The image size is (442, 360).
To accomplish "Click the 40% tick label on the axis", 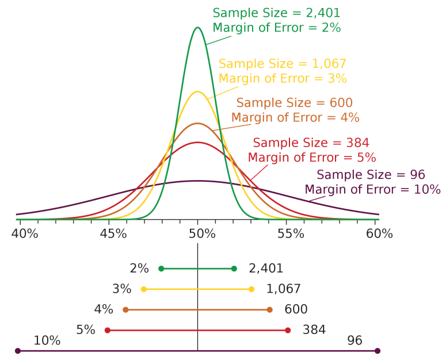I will [x=25, y=234].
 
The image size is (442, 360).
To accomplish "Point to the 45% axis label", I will [x=113, y=234].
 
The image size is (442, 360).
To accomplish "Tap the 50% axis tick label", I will [x=202, y=234].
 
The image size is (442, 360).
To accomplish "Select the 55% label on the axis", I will [x=291, y=234].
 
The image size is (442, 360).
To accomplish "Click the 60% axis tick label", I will [x=379, y=234].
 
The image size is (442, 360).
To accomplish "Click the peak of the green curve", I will [x=198, y=28].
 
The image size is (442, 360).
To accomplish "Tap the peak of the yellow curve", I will [x=198, y=91].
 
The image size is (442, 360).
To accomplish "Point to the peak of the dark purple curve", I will [x=198, y=181].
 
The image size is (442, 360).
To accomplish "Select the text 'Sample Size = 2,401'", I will [x=276, y=13].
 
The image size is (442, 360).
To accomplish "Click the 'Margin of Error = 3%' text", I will [x=283, y=78].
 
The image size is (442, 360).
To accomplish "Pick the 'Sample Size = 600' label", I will [x=294, y=103].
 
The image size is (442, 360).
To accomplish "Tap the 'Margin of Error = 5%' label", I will [x=311, y=157].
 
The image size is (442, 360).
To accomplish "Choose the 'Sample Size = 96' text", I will [x=371, y=175].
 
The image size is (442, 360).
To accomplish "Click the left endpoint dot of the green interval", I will [x=161, y=269].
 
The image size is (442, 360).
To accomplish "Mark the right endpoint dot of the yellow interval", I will [x=252, y=289].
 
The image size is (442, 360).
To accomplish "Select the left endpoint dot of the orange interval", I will [x=125, y=310].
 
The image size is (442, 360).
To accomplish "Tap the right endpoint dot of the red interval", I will [x=288, y=331].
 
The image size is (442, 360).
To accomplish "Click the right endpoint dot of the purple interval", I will [x=378, y=351].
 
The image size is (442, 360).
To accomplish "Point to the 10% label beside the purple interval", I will [x=47, y=340].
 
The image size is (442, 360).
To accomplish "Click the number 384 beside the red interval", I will [x=314, y=330].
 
